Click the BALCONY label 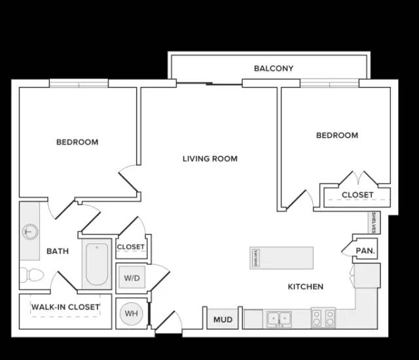(x=274, y=68)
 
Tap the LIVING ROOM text (x=210, y=158)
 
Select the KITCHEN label (x=306, y=287)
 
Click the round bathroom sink (x=30, y=232)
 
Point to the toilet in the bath (x=31, y=274)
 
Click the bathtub (x=97, y=264)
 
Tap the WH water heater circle (x=131, y=314)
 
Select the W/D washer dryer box (x=132, y=278)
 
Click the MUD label (x=223, y=319)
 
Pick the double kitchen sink (x=279, y=318)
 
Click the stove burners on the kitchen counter (x=323, y=318)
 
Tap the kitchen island (x=282, y=258)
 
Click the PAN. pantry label (x=365, y=251)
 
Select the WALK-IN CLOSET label (x=65, y=307)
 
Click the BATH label (x=58, y=251)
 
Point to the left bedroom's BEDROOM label (x=77, y=142)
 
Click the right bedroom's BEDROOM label (x=337, y=135)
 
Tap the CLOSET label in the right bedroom (x=357, y=194)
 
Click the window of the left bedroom (x=79, y=83)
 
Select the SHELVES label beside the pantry (x=374, y=223)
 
